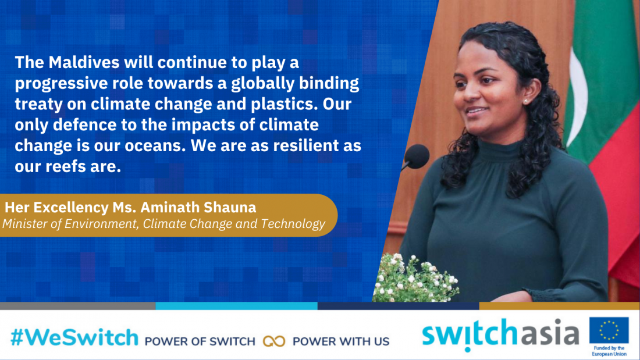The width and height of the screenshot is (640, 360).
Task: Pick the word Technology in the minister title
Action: [x=293, y=224]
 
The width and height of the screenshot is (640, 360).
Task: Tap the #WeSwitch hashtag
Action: [x=74, y=338]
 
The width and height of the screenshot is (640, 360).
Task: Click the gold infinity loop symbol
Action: [x=274, y=341]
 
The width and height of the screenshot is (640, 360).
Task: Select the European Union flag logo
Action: [x=609, y=330]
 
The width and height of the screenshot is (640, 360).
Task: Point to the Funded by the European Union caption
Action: [x=609, y=351]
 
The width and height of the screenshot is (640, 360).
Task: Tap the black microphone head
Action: [x=417, y=156]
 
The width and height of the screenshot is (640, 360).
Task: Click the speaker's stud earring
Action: [x=525, y=101]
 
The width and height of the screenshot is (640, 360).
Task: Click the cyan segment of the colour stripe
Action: [x=236, y=306]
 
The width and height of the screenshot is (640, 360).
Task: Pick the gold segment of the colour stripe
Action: [x=559, y=306]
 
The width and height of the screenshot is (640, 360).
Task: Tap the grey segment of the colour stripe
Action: [x=77, y=306]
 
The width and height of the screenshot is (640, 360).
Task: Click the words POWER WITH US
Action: [x=341, y=341]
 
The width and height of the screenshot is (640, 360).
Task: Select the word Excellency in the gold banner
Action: [x=72, y=208]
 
